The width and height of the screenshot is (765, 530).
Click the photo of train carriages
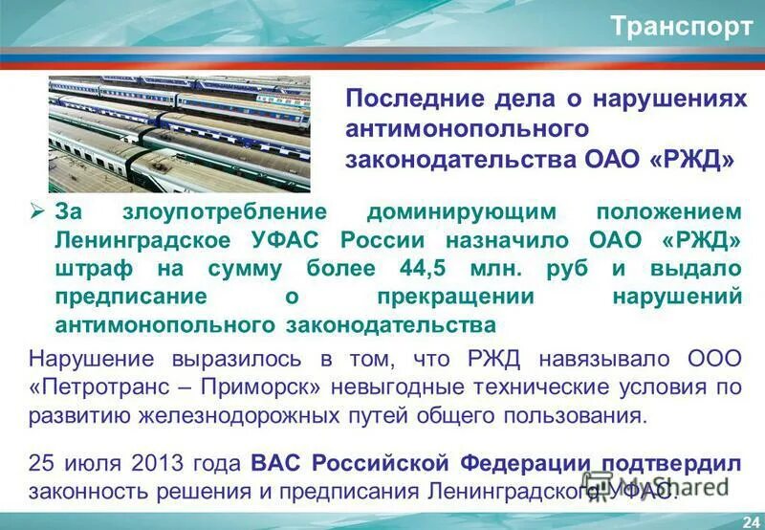[180, 133]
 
